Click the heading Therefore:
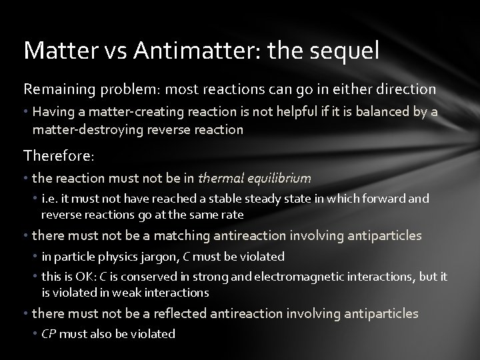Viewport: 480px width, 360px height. point(59,156)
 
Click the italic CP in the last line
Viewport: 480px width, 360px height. point(49,333)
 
